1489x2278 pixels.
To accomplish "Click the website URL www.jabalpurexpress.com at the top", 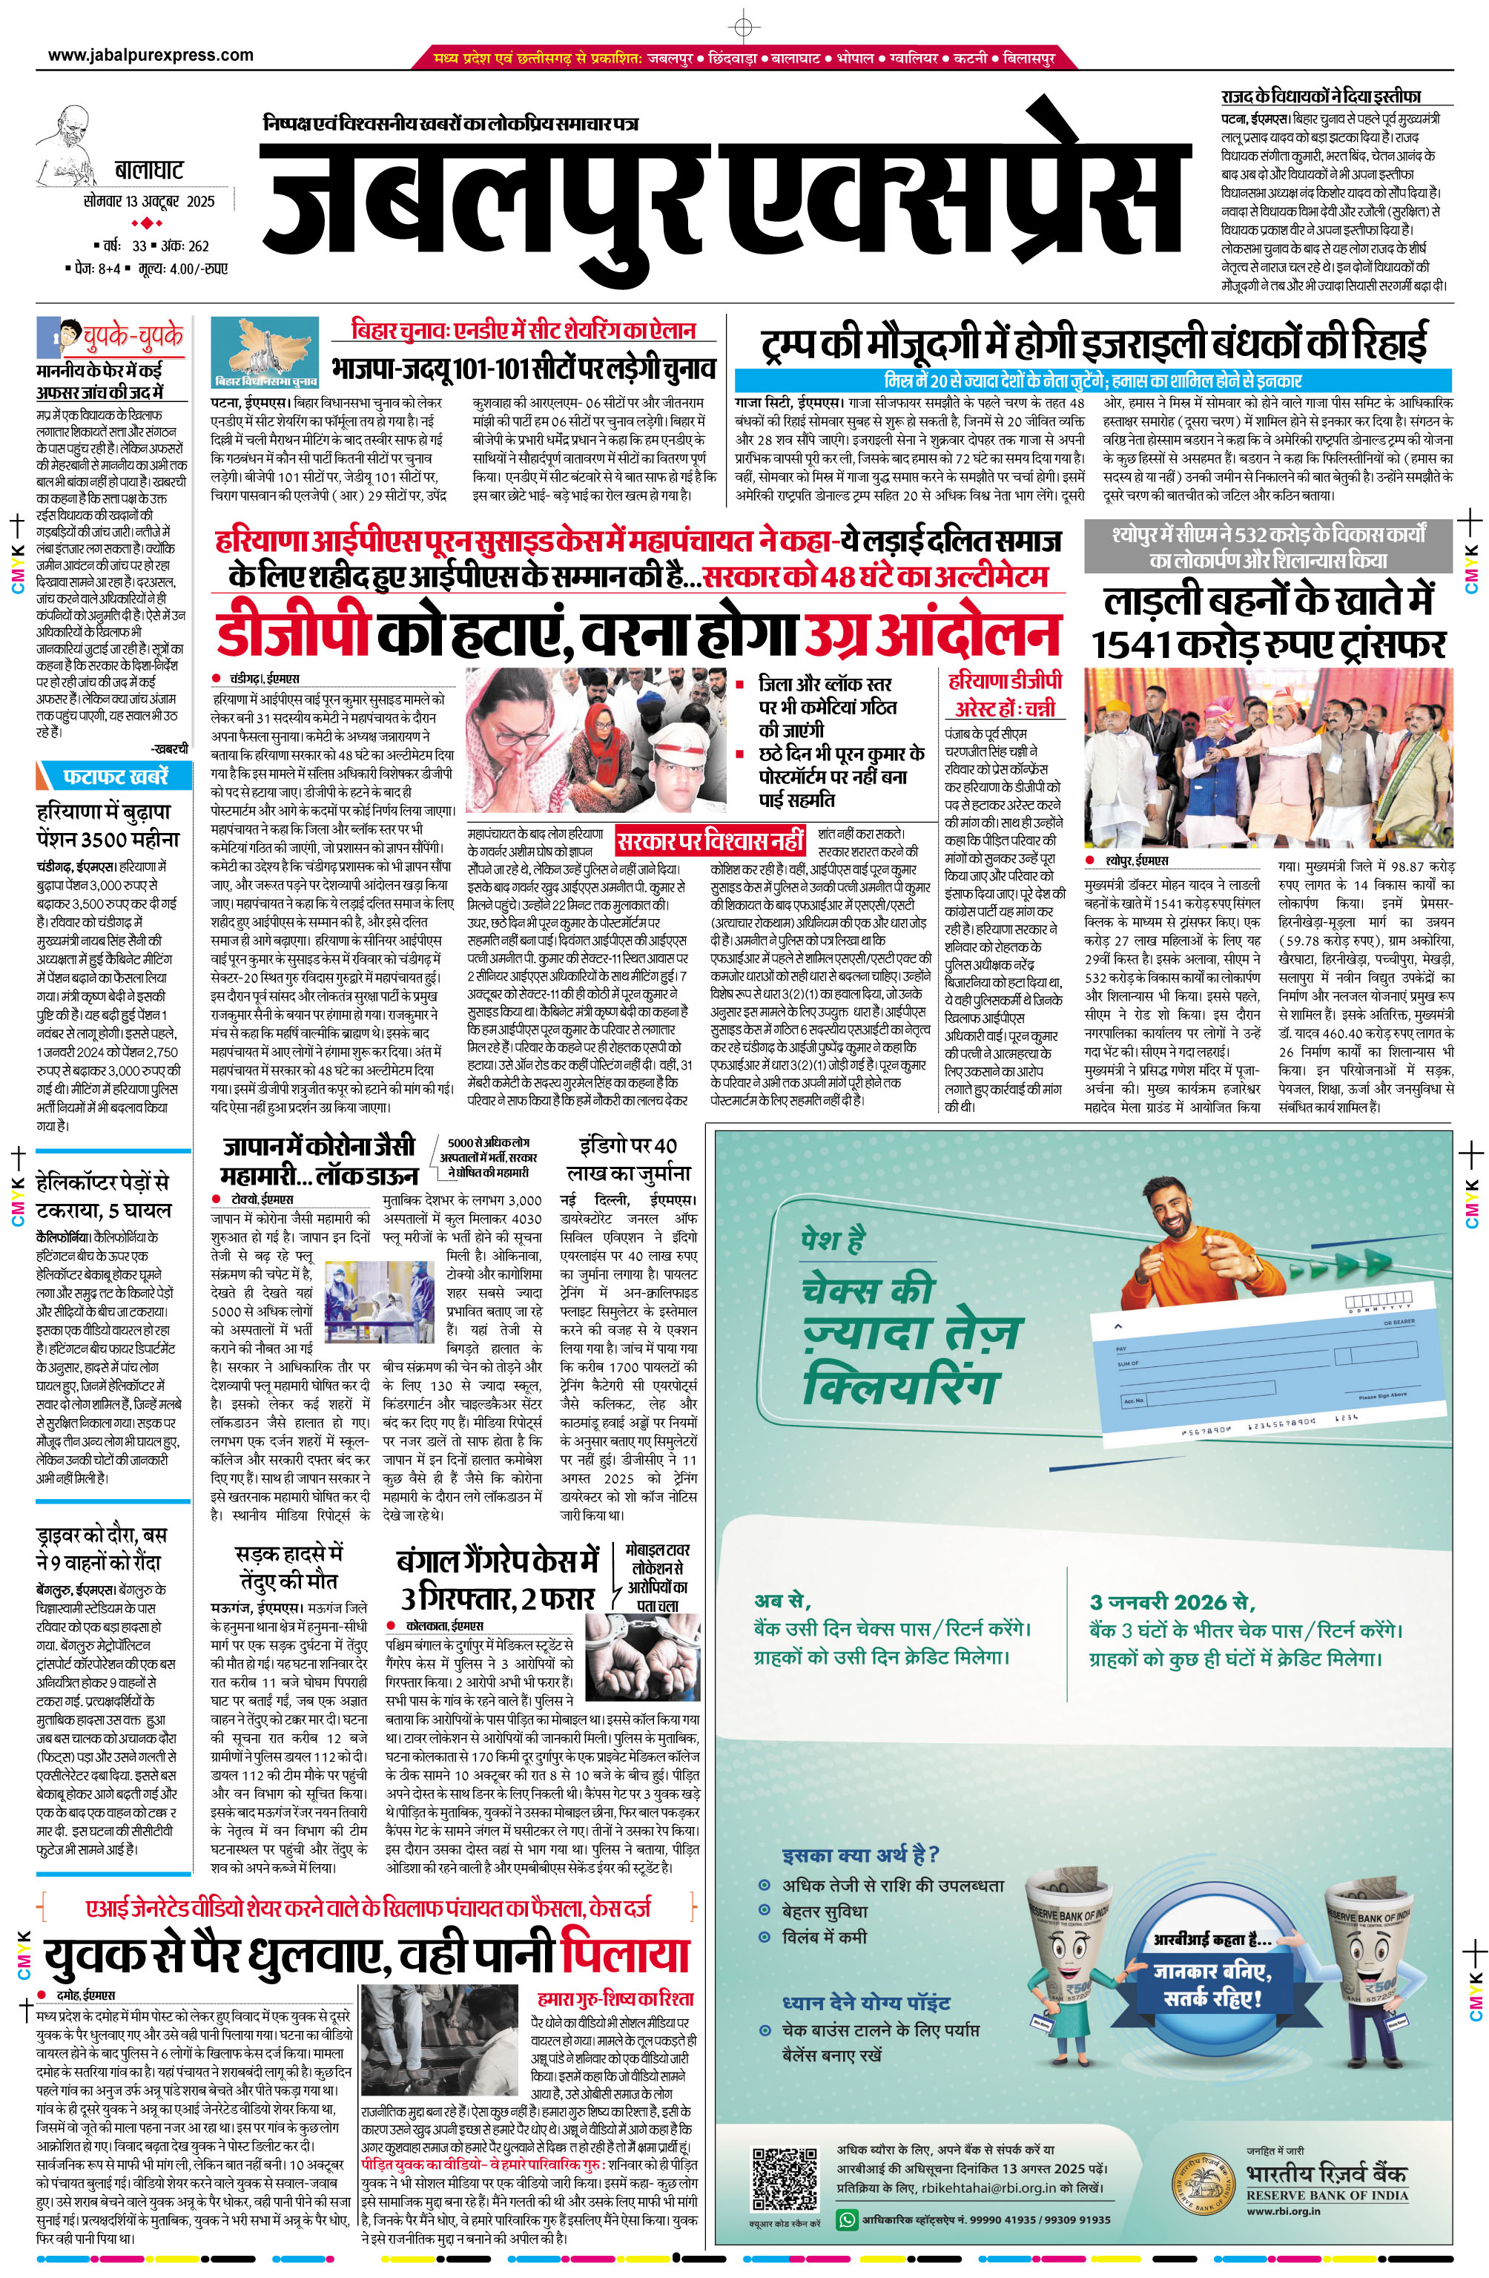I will (x=151, y=56).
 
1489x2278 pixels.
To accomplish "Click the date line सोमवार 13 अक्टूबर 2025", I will (x=148, y=202).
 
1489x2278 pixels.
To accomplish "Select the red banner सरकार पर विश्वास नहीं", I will (x=710, y=842).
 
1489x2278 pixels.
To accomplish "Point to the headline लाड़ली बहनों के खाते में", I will (x=1268, y=601).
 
